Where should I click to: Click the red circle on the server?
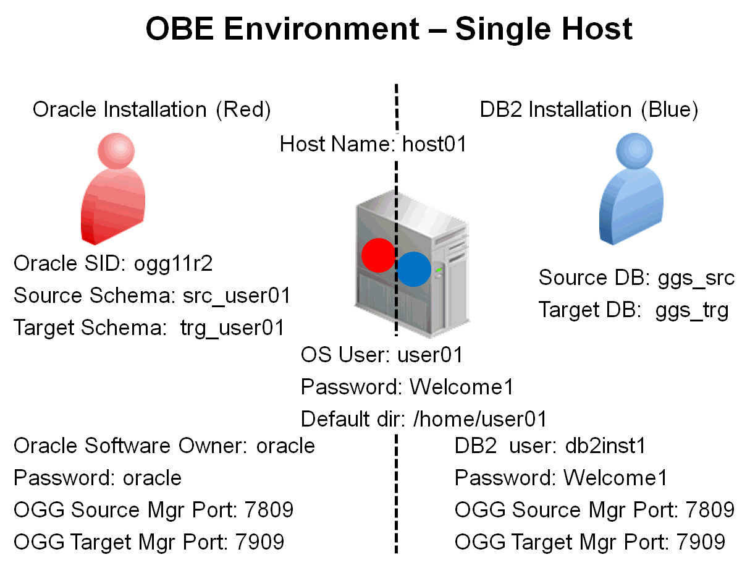pos(378,255)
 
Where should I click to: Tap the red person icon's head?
pos(117,151)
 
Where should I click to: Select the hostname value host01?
pos(434,145)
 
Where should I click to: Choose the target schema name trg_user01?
pos(232,328)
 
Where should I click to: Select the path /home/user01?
pos(480,419)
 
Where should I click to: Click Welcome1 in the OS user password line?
pos(461,387)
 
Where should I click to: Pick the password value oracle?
pos(153,478)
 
